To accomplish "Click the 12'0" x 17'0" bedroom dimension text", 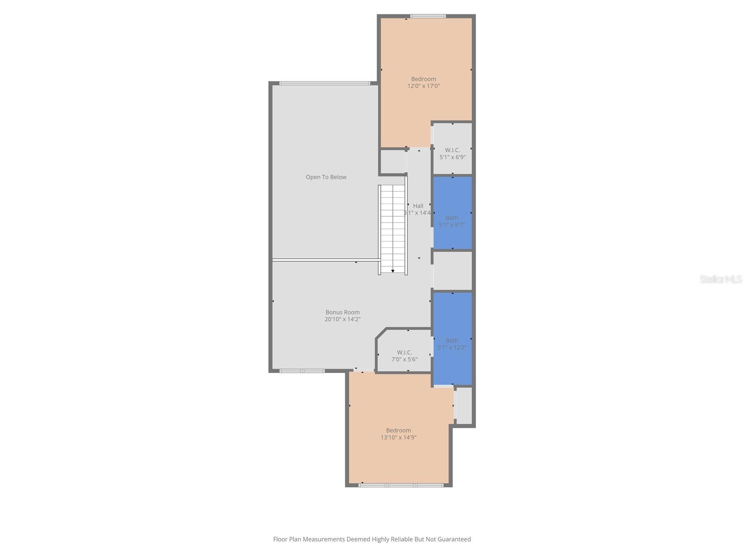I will coord(424,86).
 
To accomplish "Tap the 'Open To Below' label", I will coord(326,177).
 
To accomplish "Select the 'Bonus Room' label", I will coord(342,312).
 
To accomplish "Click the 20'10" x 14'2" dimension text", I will coord(343,319).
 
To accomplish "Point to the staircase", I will coord(393,228).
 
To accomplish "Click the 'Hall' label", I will coord(418,206).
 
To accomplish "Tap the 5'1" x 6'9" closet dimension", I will coord(452,157).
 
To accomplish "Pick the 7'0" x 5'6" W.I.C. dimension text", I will coord(405,359).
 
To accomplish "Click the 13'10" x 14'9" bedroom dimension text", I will coord(399,438).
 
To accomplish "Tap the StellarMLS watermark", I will coord(721,279).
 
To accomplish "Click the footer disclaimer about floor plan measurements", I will coord(372,539).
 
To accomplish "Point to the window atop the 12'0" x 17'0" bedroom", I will coord(428,16).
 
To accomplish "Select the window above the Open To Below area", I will coord(325,83).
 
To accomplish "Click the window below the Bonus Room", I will coord(302,371).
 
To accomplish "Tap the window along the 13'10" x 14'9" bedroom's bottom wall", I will coord(401,485).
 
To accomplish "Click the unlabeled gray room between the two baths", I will coord(452,271).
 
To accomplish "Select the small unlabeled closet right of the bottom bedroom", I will coord(464,405).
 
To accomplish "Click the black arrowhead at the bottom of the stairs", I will coord(393,271).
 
